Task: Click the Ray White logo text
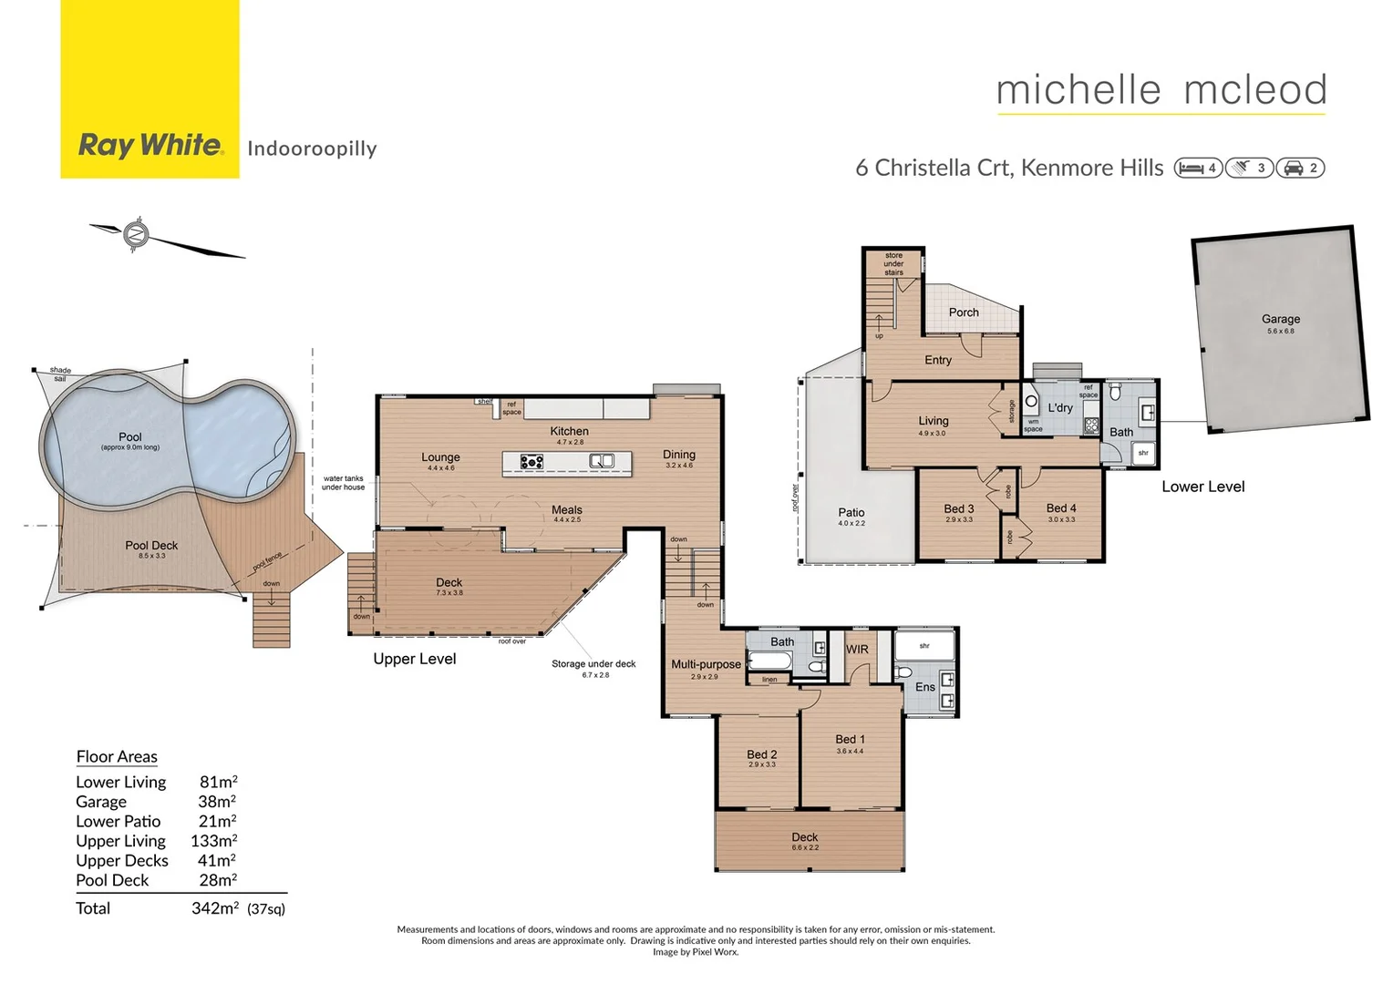[150, 145]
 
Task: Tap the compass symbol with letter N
[137, 234]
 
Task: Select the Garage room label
[1280, 319]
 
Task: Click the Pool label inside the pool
[130, 437]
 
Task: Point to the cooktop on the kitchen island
[531, 462]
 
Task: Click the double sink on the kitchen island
[602, 461]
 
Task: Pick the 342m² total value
[215, 908]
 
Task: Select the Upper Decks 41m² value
[217, 860]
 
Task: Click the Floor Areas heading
[117, 756]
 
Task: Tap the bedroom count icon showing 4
[1198, 168]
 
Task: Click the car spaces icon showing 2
[1300, 168]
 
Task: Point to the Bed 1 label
[850, 739]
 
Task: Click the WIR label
[857, 650]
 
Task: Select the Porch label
[964, 313]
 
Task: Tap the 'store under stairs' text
[893, 263]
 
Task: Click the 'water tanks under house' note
[343, 483]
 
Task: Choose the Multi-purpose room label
[706, 664]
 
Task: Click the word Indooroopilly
[312, 149]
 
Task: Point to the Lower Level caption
[1202, 487]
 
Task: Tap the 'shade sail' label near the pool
[60, 374]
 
